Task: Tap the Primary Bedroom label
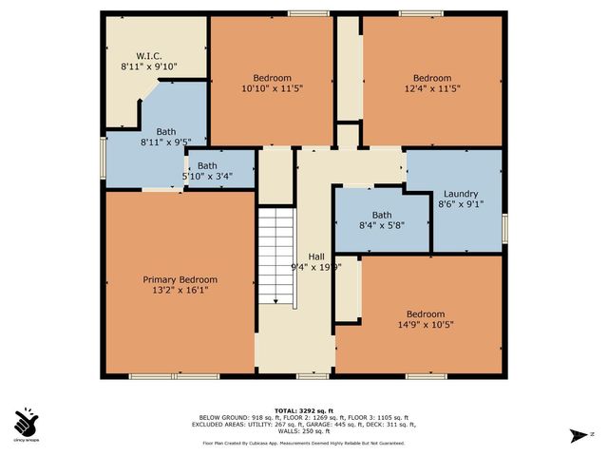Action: pyautogui.click(x=180, y=279)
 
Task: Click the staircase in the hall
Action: pyautogui.click(x=278, y=257)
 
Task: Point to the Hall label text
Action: pyautogui.click(x=315, y=256)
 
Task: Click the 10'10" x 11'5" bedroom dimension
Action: pyautogui.click(x=272, y=89)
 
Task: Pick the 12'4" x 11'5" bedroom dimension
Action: pyautogui.click(x=431, y=89)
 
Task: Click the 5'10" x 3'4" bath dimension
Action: pyautogui.click(x=208, y=176)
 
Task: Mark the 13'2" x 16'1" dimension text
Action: pyautogui.click(x=180, y=291)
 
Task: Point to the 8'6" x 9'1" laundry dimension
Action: pyautogui.click(x=461, y=204)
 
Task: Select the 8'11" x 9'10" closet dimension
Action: pyautogui.click(x=149, y=66)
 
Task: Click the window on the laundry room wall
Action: pyautogui.click(x=504, y=227)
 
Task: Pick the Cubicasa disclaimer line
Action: pyautogui.click(x=303, y=443)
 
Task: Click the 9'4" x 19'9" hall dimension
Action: pyautogui.click(x=315, y=267)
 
